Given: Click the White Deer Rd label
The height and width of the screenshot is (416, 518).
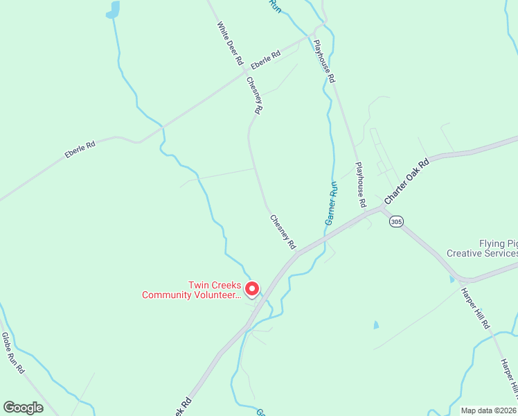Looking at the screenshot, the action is point(230,43).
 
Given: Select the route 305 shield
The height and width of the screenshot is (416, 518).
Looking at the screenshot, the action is point(395,221).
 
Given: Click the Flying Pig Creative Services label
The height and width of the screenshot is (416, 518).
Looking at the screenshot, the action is point(482,248).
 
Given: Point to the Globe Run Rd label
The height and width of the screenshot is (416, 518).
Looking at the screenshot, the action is point(12,353).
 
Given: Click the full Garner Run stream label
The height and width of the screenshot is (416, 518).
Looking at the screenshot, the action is point(331,203).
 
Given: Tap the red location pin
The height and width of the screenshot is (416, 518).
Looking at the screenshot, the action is point(253,288).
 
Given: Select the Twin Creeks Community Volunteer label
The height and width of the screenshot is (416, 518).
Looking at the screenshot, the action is point(190,290).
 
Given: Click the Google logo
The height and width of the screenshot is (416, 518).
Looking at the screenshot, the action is point(23,408).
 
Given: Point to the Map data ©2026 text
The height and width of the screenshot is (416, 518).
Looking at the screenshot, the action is point(488,410).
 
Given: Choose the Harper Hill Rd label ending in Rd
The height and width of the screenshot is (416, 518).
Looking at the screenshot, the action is point(475,308).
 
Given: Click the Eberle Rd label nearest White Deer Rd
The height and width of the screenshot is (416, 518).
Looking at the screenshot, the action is point(265,59).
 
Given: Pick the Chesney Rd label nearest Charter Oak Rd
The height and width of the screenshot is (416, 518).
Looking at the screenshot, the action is point(283,232).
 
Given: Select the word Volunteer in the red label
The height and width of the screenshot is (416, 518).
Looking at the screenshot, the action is point(216,295).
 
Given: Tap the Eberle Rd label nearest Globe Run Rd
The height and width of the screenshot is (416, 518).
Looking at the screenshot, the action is point(80,148).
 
